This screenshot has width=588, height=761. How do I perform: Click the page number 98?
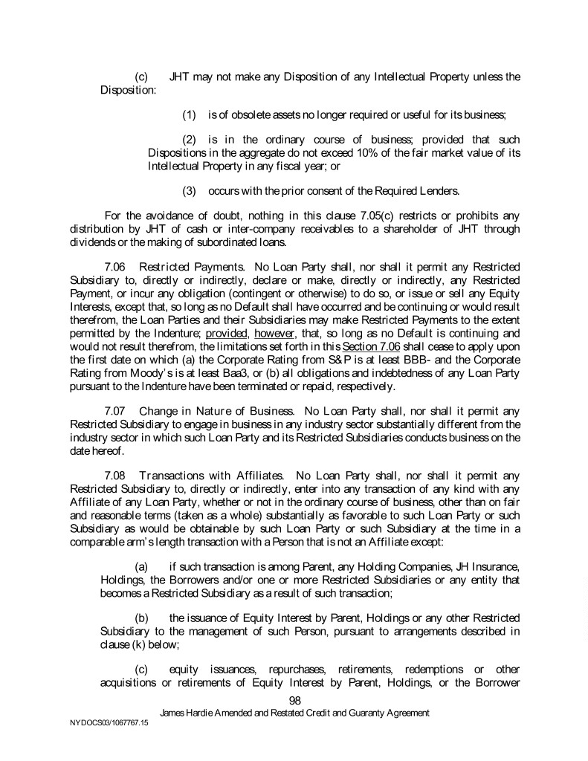(x=294, y=699)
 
